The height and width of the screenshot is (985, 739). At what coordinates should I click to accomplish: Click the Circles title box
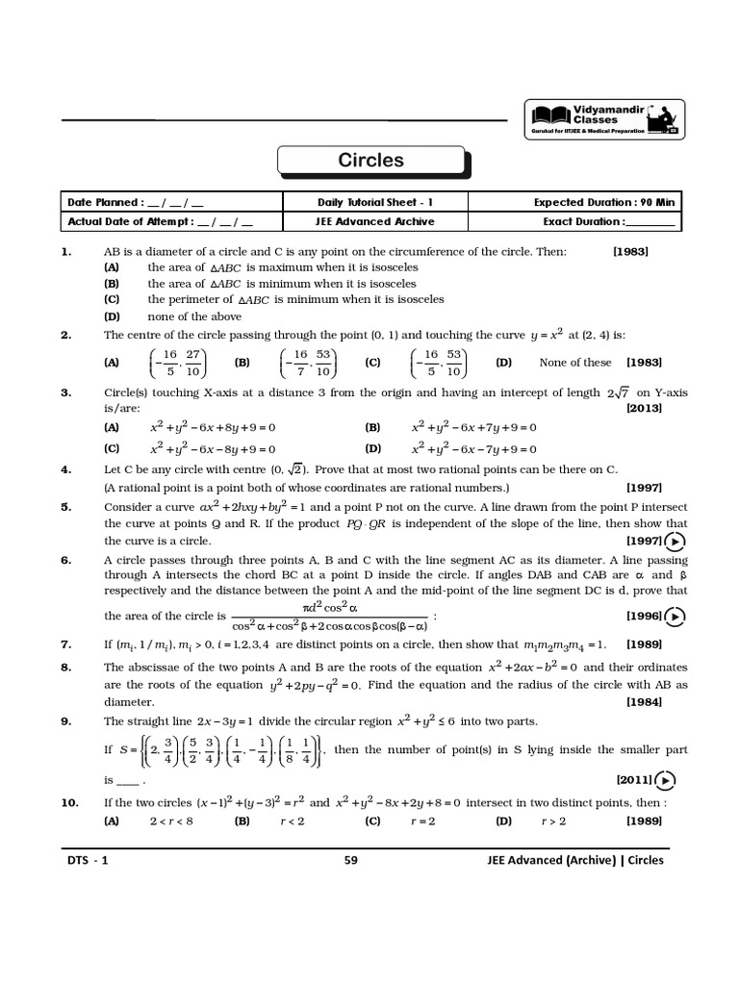(370, 162)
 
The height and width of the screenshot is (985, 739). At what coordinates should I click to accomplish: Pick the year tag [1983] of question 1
(630, 251)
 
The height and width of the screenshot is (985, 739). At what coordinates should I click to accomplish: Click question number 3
(66, 392)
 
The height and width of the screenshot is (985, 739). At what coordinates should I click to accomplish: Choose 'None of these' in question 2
(574, 363)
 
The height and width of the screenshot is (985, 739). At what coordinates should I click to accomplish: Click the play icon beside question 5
(675, 542)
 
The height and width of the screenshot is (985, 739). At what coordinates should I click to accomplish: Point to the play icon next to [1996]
(675, 616)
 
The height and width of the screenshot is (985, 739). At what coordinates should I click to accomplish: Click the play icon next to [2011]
(666, 780)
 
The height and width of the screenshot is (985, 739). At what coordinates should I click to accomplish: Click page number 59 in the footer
(350, 861)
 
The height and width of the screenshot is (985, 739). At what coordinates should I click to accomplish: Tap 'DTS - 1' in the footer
(87, 861)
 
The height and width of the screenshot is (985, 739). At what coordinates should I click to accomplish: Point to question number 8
(66, 666)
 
